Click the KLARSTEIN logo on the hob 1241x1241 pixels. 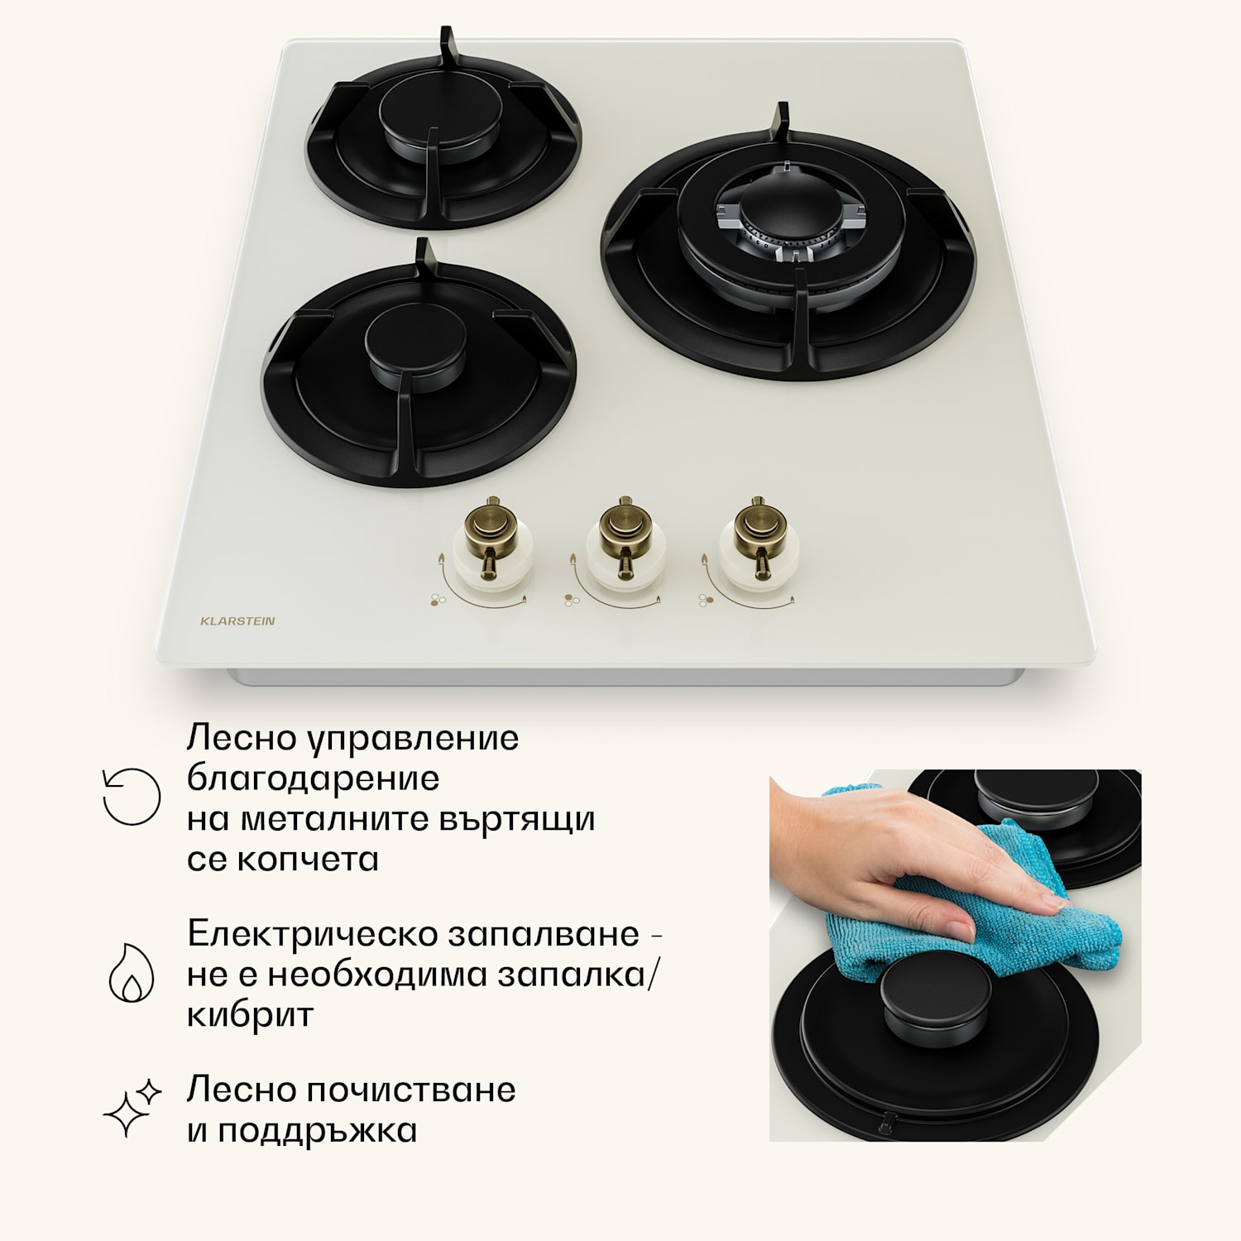click(237, 620)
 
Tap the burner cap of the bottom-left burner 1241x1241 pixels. click(415, 341)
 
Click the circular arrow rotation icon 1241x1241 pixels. click(131, 797)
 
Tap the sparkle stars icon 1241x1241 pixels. click(132, 1108)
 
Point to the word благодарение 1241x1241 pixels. click(313, 778)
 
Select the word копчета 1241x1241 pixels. click(308, 859)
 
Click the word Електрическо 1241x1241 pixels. click(312, 934)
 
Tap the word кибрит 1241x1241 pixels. click(250, 1014)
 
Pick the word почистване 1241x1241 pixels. click(411, 1090)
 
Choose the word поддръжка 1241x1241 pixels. click(317, 1130)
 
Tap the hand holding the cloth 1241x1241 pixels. click(894, 852)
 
